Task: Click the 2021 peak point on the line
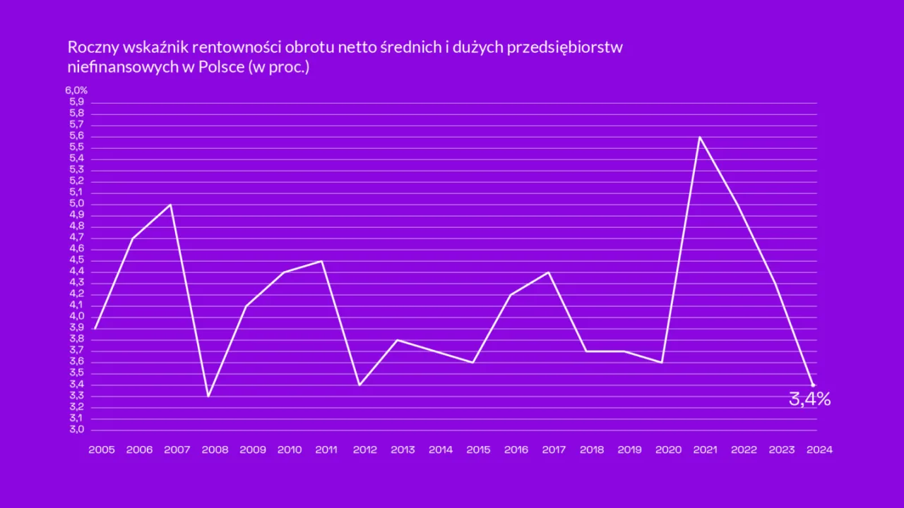pyautogui.click(x=699, y=137)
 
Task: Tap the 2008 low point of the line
pyautogui.click(x=208, y=396)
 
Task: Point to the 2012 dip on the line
pyautogui.click(x=359, y=385)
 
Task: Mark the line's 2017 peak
pyautogui.click(x=549, y=272)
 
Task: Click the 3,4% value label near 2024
pyautogui.click(x=809, y=399)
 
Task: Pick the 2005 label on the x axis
pyautogui.click(x=102, y=449)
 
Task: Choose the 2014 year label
pyautogui.click(x=441, y=449)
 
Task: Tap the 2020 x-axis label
pyautogui.click(x=667, y=449)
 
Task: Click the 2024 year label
pyautogui.click(x=819, y=449)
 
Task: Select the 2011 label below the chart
pyautogui.click(x=326, y=449)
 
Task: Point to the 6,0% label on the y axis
pyautogui.click(x=76, y=90)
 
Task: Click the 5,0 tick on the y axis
pyautogui.click(x=76, y=204)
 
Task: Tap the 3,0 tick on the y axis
pyautogui.click(x=76, y=430)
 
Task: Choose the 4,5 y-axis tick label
pyautogui.click(x=76, y=260)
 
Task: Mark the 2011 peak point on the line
pyautogui.click(x=322, y=261)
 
